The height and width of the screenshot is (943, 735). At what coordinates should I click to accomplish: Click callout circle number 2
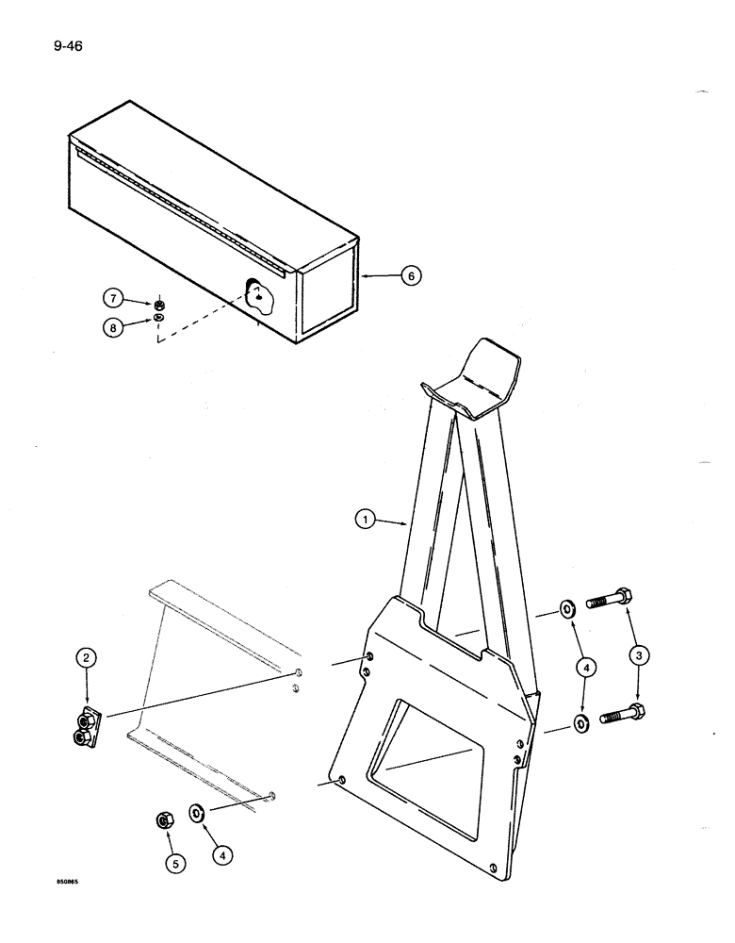[x=86, y=659]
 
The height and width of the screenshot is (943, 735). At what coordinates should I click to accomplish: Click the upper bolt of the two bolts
[x=610, y=599]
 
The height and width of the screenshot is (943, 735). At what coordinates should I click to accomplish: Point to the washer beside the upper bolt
[x=568, y=608]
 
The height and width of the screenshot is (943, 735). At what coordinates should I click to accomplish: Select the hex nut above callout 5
[x=163, y=821]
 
